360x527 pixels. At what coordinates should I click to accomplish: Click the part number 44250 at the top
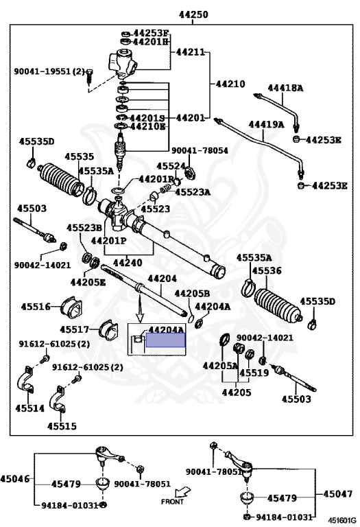click(193, 14)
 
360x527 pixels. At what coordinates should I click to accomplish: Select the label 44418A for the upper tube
click(285, 88)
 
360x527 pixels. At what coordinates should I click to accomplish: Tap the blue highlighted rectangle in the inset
click(165, 340)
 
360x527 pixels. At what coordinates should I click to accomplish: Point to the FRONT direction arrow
click(182, 493)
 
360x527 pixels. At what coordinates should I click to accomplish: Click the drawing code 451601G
click(342, 520)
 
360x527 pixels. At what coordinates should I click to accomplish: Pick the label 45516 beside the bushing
click(36, 307)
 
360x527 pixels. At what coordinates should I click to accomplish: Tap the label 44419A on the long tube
click(266, 125)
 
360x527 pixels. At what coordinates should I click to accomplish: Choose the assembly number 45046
click(15, 478)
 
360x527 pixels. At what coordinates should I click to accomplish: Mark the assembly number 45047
click(338, 494)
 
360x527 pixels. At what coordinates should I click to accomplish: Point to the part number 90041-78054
click(200, 150)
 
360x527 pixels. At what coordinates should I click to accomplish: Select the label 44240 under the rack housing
click(128, 263)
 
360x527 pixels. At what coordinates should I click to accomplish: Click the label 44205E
click(88, 282)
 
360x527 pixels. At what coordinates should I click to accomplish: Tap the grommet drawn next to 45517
click(109, 329)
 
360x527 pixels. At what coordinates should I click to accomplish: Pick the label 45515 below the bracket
click(62, 426)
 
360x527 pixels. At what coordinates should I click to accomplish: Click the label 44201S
click(147, 118)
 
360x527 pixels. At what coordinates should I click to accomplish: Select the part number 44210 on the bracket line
click(230, 84)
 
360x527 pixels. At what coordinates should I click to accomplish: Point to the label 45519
click(254, 373)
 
